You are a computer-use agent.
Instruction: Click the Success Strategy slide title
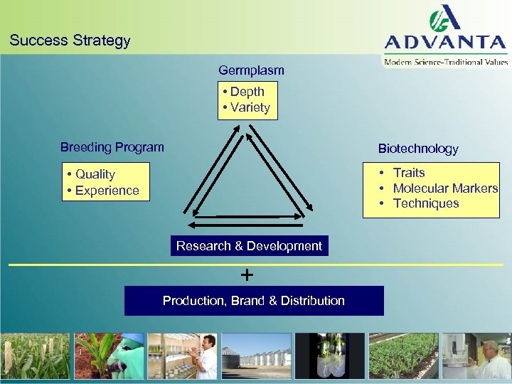point(70,41)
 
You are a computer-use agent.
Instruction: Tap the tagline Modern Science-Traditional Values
point(447,62)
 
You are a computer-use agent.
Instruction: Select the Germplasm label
point(251,70)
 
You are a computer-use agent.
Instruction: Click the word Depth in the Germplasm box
point(247,92)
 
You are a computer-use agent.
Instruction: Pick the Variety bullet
point(250,107)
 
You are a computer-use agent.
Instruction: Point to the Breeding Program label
point(112,147)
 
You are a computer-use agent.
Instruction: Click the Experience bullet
point(107,191)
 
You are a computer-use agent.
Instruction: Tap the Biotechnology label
point(418,149)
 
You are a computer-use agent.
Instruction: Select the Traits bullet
point(408,173)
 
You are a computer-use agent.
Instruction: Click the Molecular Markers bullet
point(444,188)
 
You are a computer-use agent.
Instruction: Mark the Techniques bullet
point(425,203)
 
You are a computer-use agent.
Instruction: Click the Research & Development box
point(249,246)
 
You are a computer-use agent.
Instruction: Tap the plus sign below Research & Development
point(247,274)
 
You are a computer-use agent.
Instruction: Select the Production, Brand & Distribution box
point(254,301)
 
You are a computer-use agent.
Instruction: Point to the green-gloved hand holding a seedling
point(110,356)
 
